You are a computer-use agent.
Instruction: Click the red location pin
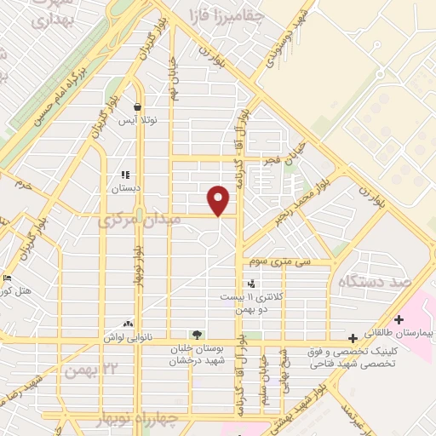coord(220,200)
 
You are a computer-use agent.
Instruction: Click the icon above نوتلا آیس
coord(138,107)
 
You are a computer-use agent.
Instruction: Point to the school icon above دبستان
coord(126,175)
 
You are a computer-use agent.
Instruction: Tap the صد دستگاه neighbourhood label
coord(375,281)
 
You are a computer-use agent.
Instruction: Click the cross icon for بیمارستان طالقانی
coord(399,319)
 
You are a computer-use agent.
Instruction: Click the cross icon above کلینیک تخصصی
coord(353,339)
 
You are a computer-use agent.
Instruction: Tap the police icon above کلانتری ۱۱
coord(250,283)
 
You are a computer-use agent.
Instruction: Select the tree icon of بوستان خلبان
coord(198,335)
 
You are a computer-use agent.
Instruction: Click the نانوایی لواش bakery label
coord(129,338)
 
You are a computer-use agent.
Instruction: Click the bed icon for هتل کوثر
coord(7,278)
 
